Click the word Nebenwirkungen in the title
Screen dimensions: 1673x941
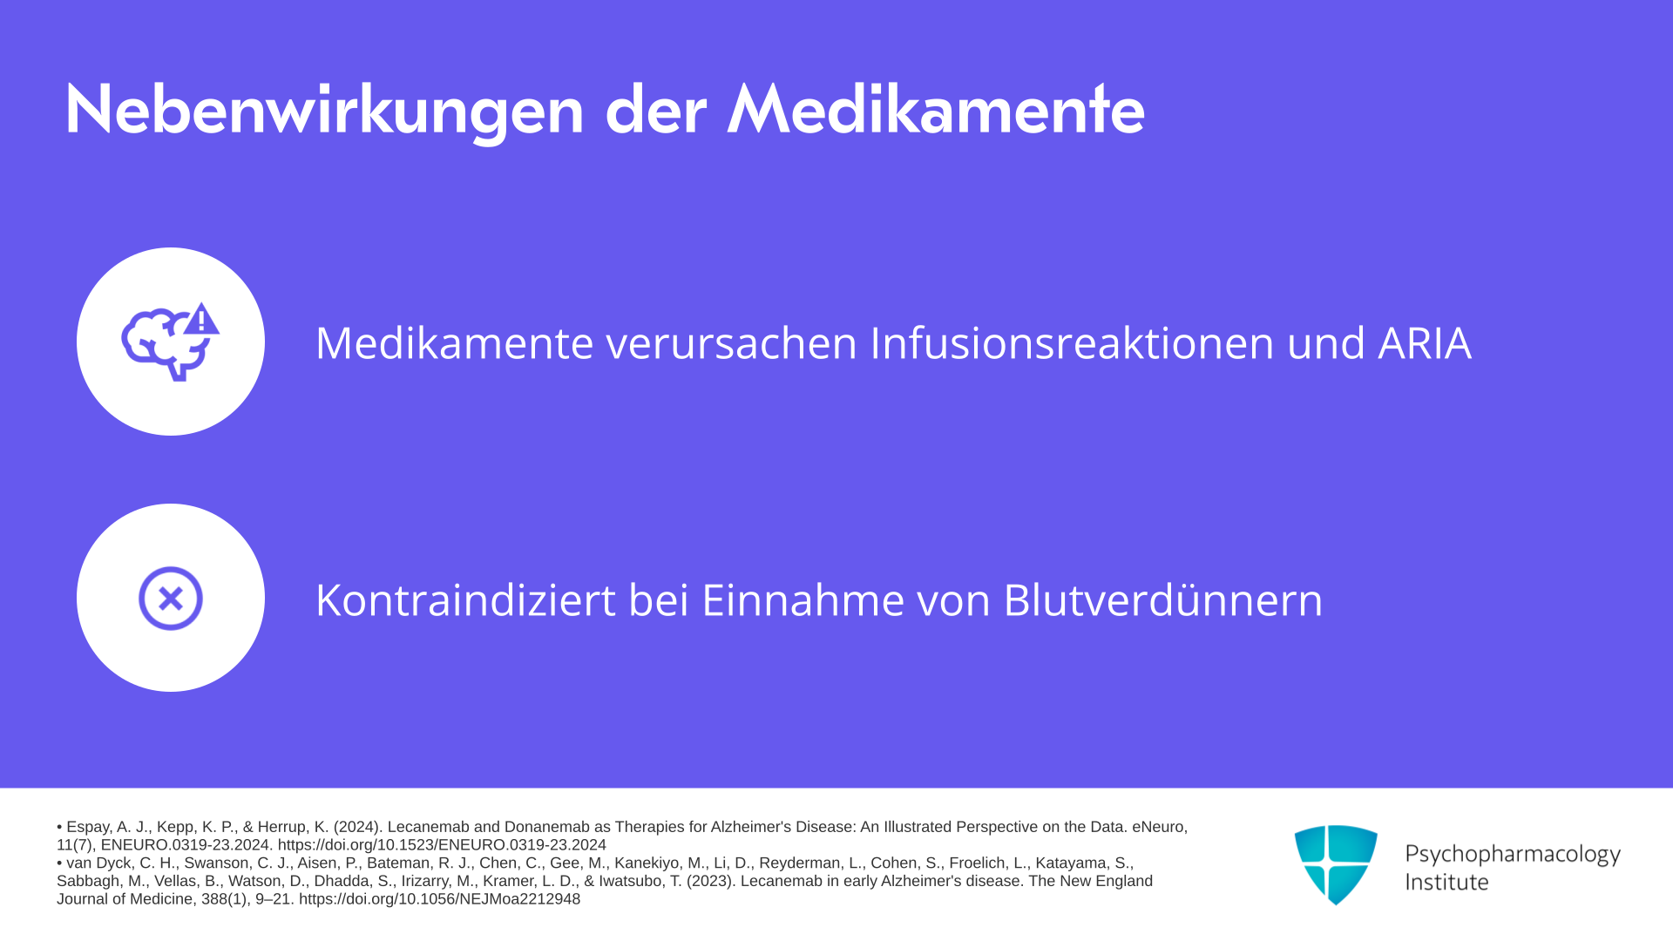[x=324, y=111]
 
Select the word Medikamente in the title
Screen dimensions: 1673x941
[x=936, y=110]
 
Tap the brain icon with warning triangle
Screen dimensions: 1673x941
[x=171, y=342]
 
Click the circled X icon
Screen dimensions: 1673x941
[x=171, y=599]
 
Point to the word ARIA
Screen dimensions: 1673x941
[x=1425, y=342]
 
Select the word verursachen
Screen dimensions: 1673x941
[x=732, y=343]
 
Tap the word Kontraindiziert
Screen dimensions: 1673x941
[x=465, y=599]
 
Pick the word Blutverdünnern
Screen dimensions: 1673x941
[x=1163, y=599]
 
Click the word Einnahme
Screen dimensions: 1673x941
[x=803, y=599]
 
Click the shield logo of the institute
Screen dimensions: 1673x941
[x=1336, y=864]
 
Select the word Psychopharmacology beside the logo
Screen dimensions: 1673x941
[x=1513, y=855]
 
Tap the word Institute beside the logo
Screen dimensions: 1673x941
[x=1446, y=882]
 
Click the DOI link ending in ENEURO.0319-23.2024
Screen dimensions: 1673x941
[x=442, y=845]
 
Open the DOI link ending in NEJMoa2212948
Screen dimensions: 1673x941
[x=439, y=899]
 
